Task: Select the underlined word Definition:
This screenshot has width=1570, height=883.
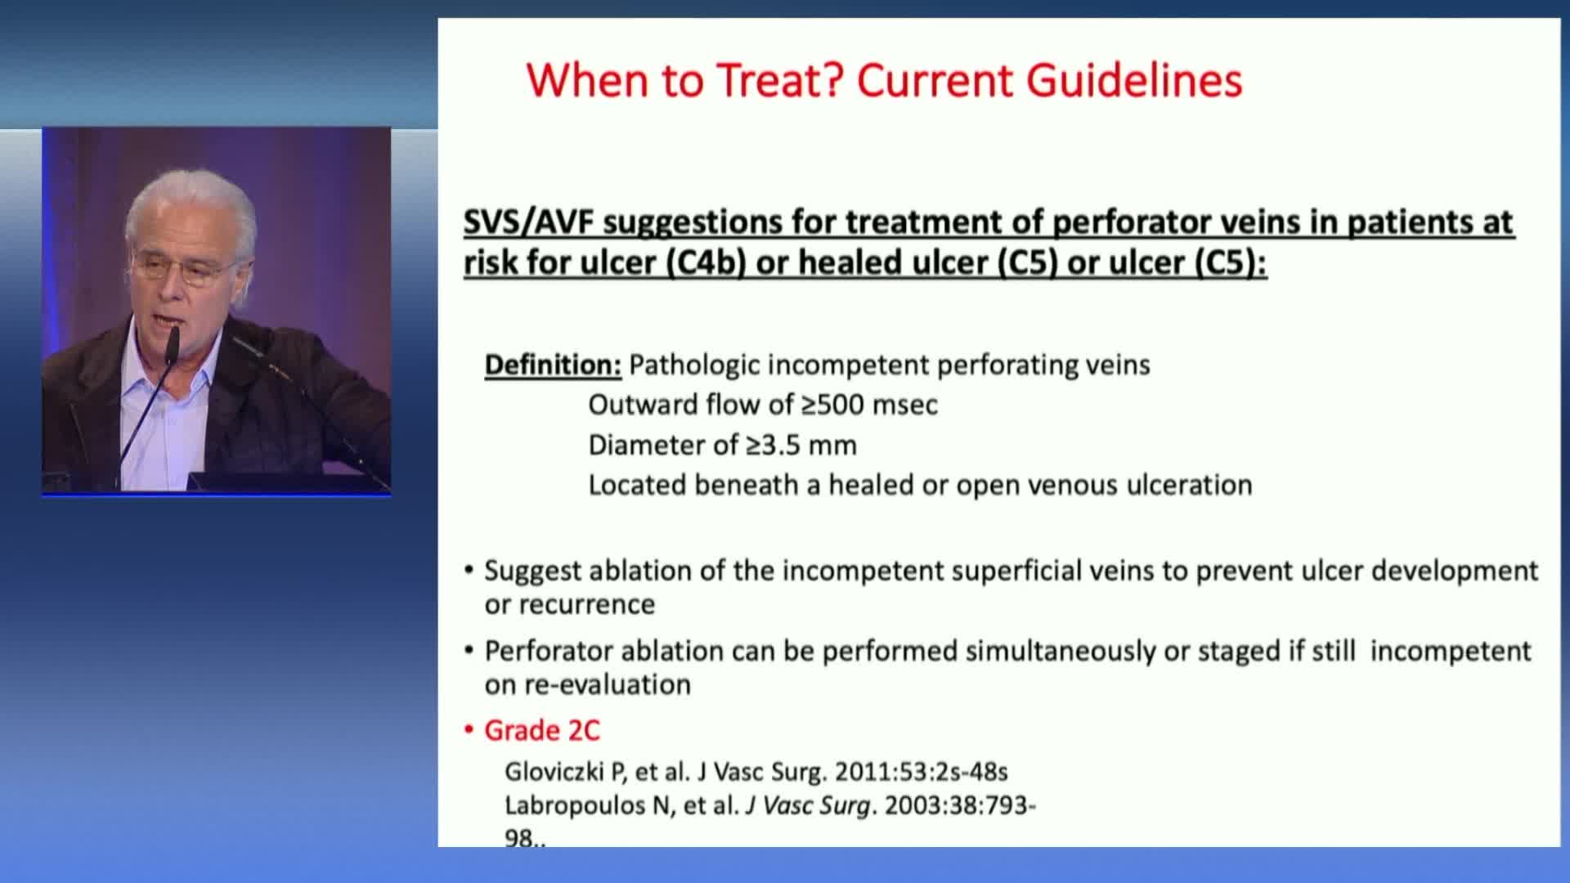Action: coord(554,365)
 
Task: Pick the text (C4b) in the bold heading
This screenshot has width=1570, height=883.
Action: coord(706,263)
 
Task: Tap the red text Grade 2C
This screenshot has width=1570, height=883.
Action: coord(542,730)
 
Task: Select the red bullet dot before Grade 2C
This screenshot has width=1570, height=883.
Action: coord(469,729)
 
